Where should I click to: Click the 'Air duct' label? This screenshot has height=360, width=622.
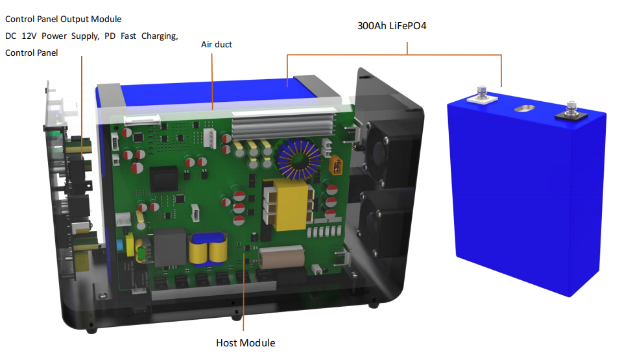pyautogui.click(x=217, y=45)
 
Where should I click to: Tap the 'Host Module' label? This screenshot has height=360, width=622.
pyautogui.click(x=245, y=342)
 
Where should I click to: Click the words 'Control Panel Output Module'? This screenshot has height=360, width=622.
pyautogui.click(x=63, y=19)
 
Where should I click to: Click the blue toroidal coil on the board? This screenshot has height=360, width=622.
pyautogui.click(x=297, y=160)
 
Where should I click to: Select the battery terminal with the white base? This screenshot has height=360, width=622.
pyautogui.click(x=481, y=95)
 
